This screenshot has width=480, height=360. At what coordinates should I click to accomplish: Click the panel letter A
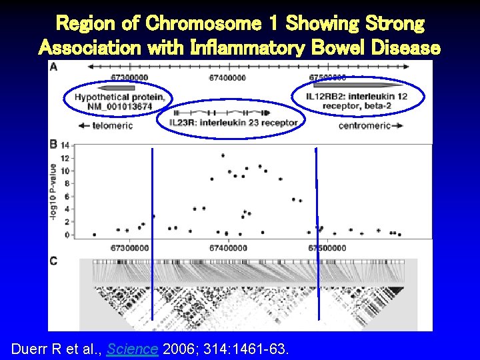[x=53, y=67]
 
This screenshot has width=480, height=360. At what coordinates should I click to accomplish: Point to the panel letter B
[x=53, y=144]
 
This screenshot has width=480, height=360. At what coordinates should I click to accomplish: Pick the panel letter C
[x=53, y=261]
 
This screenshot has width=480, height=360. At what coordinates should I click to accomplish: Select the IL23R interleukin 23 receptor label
[x=231, y=123]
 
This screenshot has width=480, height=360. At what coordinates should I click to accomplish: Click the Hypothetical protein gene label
[x=120, y=101]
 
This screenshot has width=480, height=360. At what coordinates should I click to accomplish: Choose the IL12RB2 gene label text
[x=357, y=101]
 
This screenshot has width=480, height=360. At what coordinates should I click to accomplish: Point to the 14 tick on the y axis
[x=65, y=145]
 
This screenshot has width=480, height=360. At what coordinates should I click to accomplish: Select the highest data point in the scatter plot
[x=223, y=155]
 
